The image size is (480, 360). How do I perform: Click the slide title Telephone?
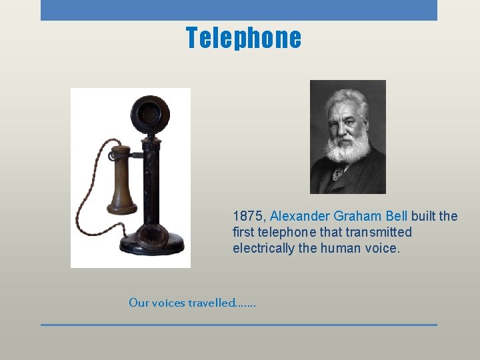point(243,38)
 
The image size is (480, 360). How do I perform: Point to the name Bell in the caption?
point(396,217)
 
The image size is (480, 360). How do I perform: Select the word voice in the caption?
point(381,248)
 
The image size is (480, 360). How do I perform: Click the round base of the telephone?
point(152,240)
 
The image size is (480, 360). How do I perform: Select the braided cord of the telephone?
point(87,193)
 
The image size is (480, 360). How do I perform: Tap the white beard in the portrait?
point(347,147)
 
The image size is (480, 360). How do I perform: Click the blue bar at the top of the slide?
point(239,10)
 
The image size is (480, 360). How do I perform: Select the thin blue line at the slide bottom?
point(239,325)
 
